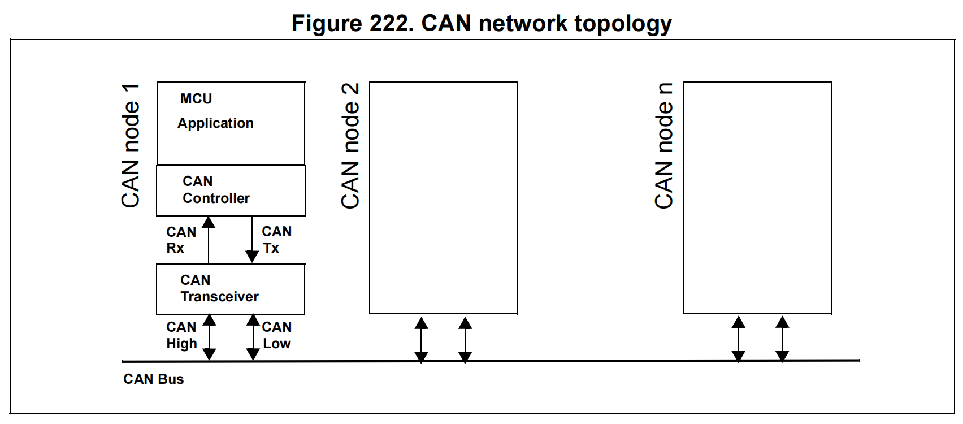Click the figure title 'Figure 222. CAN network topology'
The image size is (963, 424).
pyautogui.click(x=481, y=24)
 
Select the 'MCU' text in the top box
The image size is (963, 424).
pyautogui.click(x=196, y=99)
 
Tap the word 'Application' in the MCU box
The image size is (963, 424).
pyautogui.click(x=215, y=123)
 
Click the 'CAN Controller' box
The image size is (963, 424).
pyautogui.click(x=231, y=191)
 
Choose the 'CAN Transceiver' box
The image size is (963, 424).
pyautogui.click(x=231, y=289)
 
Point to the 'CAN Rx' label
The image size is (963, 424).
pyautogui.click(x=181, y=240)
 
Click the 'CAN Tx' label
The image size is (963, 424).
pyautogui.click(x=277, y=240)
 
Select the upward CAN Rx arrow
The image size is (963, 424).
pyautogui.click(x=209, y=240)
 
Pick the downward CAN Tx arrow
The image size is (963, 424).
pyautogui.click(x=252, y=240)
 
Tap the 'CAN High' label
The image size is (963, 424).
pyautogui.click(x=181, y=336)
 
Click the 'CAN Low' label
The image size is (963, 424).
pyautogui.click(x=277, y=335)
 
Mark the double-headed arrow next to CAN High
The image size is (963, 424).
pyautogui.click(x=209, y=338)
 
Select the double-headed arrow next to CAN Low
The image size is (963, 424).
pyautogui.click(x=253, y=338)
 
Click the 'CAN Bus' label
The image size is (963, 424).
pyautogui.click(x=154, y=379)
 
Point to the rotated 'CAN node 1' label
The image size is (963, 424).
pyautogui.click(x=131, y=146)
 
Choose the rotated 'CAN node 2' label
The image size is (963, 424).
pyautogui.click(x=350, y=146)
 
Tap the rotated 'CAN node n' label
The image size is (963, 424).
pyautogui.click(x=664, y=146)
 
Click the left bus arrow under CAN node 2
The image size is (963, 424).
pyautogui.click(x=421, y=340)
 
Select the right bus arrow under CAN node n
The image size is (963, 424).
pyautogui.click(x=782, y=339)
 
